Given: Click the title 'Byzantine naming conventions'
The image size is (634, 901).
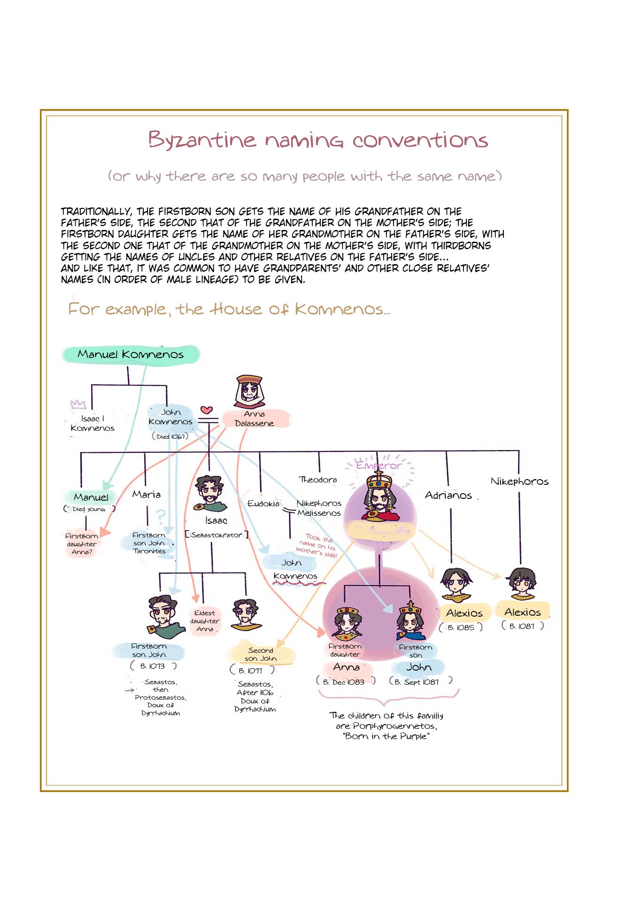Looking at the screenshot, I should pyautogui.click(x=318, y=140).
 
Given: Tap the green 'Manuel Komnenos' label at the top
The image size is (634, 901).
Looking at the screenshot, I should pyautogui.click(x=131, y=354).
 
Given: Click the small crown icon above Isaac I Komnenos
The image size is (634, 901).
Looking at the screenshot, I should pyautogui.click(x=78, y=404).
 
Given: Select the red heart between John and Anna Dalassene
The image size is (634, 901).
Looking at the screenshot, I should pyautogui.click(x=207, y=410).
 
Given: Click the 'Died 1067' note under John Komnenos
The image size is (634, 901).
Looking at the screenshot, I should pyautogui.click(x=170, y=436).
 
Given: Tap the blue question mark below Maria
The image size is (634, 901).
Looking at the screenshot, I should pyautogui.click(x=161, y=516).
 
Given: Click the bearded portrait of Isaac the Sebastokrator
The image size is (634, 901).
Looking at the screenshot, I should pyautogui.click(x=210, y=494).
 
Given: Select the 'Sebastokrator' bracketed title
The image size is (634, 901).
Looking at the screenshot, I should pyautogui.click(x=216, y=535).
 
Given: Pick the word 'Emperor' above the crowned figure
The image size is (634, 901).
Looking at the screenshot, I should pyautogui.click(x=379, y=466).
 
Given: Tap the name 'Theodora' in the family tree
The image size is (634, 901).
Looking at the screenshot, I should pyautogui.click(x=318, y=480).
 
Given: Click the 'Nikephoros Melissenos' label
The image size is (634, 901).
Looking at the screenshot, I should pyautogui.click(x=319, y=508).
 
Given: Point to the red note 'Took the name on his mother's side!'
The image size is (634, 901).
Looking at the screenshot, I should pyautogui.click(x=317, y=545).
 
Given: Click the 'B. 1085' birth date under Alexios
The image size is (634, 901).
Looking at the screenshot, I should pyautogui.click(x=461, y=627).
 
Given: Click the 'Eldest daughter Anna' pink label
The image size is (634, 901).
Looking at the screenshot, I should pyautogui.click(x=205, y=621).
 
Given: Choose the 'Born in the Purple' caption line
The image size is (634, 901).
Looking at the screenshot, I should pyautogui.click(x=386, y=736).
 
